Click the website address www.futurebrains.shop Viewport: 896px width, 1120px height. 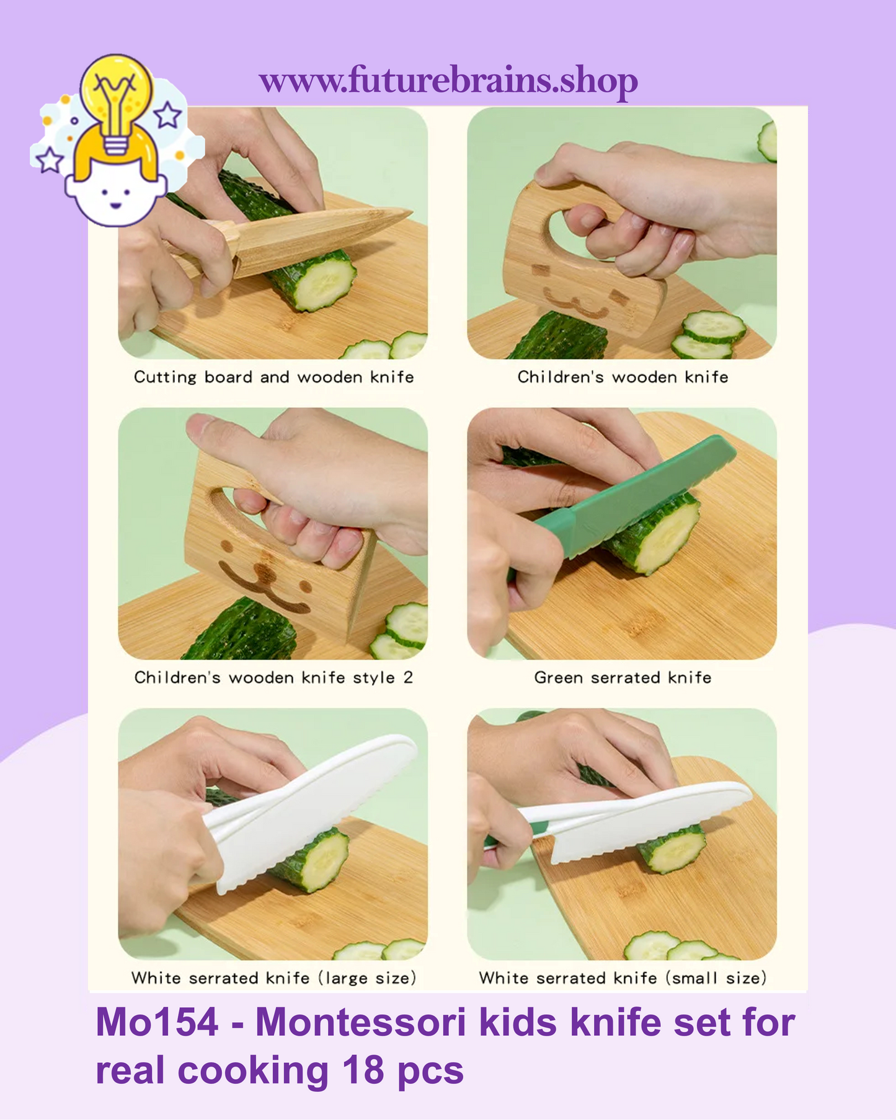tap(448, 81)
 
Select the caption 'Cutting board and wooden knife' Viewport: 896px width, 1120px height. tap(273, 377)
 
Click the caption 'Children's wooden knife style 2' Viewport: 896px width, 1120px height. tap(273, 677)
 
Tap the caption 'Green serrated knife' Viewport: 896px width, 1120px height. tap(622, 677)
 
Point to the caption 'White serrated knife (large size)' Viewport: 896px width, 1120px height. tap(273, 978)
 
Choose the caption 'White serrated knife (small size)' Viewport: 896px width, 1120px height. tap(622, 978)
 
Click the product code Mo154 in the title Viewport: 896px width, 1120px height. tap(157, 1023)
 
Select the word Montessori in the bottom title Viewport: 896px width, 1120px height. tap(360, 1023)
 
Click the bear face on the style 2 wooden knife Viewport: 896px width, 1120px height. tap(265, 576)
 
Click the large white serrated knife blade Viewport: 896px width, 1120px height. tap(310, 806)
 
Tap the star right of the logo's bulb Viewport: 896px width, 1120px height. tap(167, 115)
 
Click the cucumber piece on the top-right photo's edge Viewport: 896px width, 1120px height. tap(768, 141)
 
